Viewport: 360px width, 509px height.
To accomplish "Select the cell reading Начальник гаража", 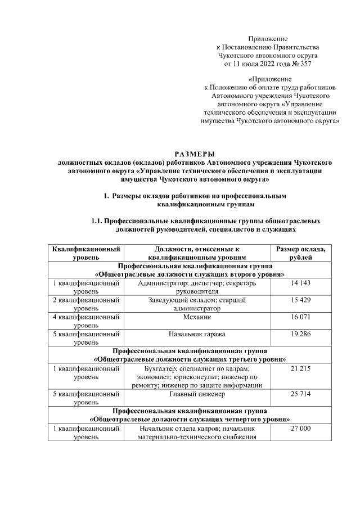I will coord(196,334).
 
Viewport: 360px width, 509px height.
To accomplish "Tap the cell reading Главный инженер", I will coord(196,394).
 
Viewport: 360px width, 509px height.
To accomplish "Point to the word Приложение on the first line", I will coord(267,38).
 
